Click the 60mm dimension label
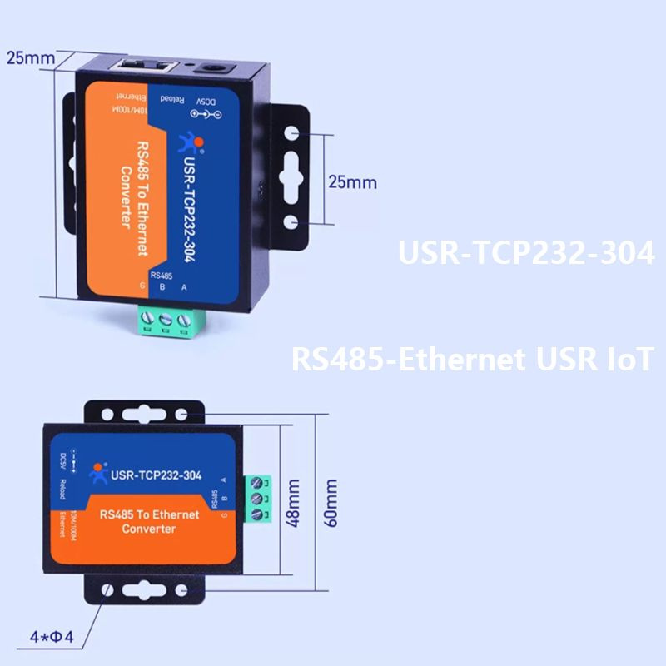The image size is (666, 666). tap(331, 502)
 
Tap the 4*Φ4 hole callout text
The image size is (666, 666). tap(52, 639)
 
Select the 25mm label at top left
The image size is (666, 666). tap(30, 58)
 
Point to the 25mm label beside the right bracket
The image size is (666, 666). tap(352, 181)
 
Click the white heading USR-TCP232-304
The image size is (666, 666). tap(525, 253)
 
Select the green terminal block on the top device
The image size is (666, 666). tap(169, 321)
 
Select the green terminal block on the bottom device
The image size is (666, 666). tap(259, 499)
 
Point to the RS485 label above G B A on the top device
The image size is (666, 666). tap(161, 275)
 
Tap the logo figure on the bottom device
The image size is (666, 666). tap(99, 472)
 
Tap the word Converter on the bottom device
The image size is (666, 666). tap(149, 529)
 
